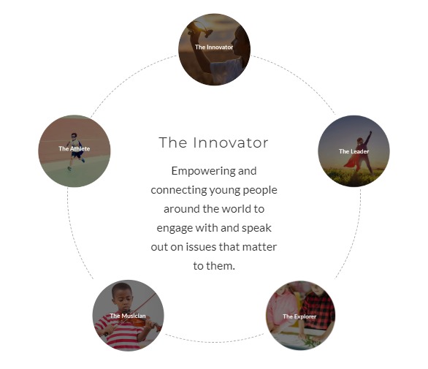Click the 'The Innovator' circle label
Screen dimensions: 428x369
pos(214,47)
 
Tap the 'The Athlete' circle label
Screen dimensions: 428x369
pos(74,148)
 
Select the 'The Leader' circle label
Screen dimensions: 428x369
pos(354,151)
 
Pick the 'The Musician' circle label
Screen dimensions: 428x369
pos(128,316)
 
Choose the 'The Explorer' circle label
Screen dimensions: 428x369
pos(299,316)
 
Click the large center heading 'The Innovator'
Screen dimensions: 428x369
pos(213,142)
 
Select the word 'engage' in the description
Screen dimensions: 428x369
pos(175,228)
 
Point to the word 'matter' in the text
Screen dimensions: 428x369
pos(259,247)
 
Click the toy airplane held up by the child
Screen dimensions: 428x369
pos(200,29)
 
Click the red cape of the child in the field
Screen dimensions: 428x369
pos(351,161)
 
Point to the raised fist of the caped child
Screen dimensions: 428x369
pos(370,132)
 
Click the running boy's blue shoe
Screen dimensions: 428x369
pos(83,160)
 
